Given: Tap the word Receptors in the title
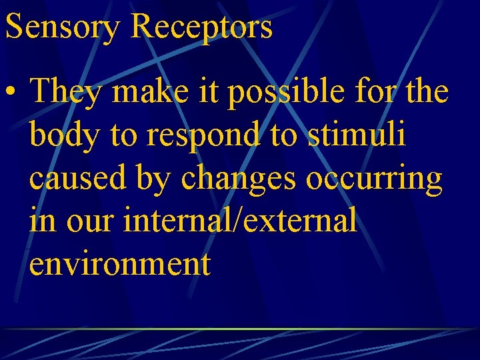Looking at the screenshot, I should coord(202,28).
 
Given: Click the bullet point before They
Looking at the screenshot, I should coord(13,93).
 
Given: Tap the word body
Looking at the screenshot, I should coord(64,137).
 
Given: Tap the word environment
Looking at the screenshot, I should coord(120,265).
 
